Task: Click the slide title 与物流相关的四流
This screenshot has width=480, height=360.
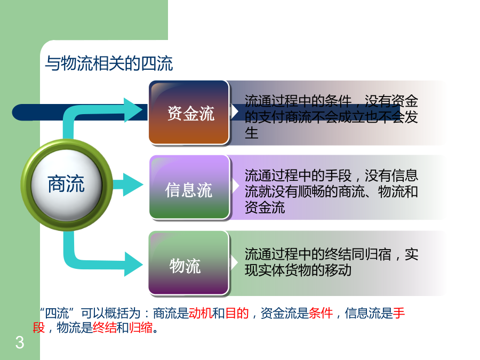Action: (109, 63)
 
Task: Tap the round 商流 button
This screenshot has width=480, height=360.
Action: (67, 185)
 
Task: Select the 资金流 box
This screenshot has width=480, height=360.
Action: (189, 113)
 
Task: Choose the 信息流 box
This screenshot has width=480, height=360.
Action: (189, 187)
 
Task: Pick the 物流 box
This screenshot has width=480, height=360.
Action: (189, 263)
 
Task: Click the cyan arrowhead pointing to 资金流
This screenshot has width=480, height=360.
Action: (133, 110)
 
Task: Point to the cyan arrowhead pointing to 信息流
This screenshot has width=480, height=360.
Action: (133, 185)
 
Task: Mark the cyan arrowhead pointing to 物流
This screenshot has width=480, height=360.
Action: (133, 264)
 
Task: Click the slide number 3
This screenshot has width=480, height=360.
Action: (20, 342)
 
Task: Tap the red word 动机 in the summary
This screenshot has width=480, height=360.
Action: (201, 313)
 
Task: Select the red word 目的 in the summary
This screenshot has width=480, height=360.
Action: (237, 313)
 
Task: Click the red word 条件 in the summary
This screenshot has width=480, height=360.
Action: (321, 313)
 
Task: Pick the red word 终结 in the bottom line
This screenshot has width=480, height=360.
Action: (105, 327)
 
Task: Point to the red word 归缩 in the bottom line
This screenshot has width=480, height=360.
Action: (140, 327)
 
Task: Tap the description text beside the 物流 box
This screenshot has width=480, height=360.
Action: (331, 262)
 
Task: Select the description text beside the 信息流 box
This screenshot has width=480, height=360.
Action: (331, 191)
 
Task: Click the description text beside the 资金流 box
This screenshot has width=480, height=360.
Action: (331, 117)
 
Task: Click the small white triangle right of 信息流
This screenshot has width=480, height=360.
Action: (235, 185)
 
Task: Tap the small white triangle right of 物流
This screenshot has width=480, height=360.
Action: (235, 262)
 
